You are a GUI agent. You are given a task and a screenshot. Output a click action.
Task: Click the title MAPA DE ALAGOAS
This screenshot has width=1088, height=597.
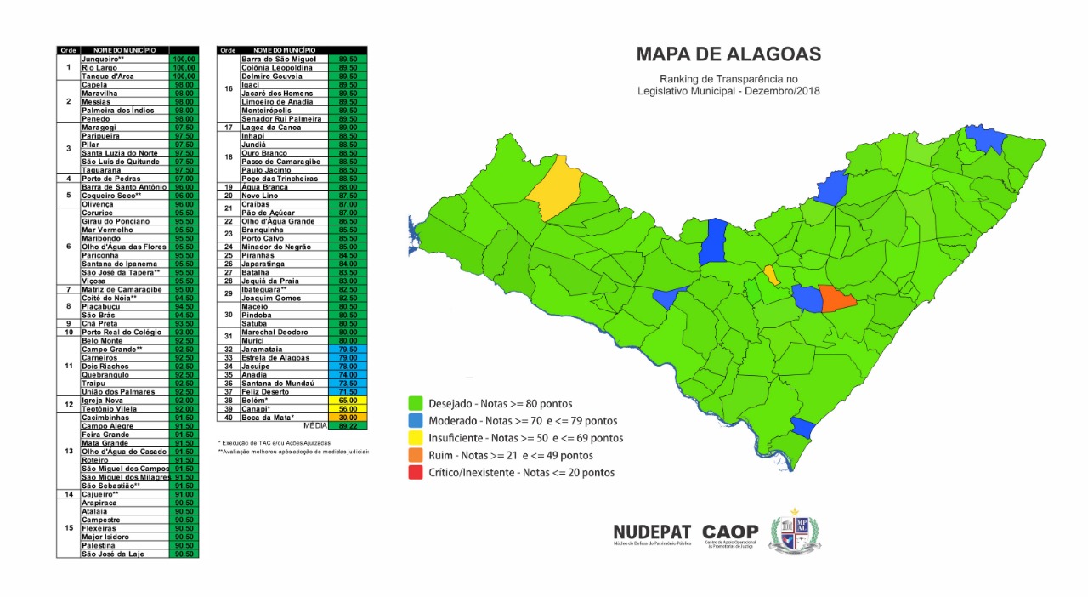pos(728,55)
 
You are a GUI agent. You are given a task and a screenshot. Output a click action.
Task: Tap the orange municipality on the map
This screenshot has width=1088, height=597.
pos(837,298)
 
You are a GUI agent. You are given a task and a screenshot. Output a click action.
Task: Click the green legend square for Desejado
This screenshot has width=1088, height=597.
pos(416,403)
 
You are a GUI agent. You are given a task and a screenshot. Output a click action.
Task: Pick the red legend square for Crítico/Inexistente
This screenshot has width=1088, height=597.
pos(416,472)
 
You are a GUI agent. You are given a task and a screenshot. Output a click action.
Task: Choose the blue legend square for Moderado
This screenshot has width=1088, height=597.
pos(416,420)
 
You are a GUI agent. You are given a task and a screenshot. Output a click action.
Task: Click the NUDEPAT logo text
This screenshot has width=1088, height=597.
pos(652,533)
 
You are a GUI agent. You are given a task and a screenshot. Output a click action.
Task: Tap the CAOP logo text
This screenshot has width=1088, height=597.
pos(730,533)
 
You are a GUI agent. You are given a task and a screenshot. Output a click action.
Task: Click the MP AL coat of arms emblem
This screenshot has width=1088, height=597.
pos(796,531)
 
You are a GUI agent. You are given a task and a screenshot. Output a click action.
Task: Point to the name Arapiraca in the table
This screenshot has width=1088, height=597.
pos(100,503)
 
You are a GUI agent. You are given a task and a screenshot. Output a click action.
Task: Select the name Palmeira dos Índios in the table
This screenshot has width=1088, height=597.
pos(116,111)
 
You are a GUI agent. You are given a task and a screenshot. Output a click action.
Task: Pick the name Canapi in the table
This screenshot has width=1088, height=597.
pos(257,408)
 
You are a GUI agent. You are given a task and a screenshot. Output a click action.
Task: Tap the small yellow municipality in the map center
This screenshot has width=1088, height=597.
pos(771,275)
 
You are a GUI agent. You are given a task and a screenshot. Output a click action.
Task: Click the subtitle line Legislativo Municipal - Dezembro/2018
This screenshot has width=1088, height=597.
pos(728,92)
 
